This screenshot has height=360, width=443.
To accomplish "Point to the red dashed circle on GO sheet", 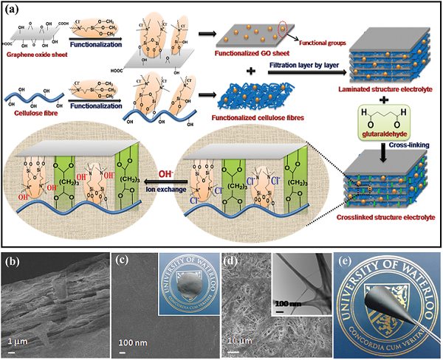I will pyautogui.click(x=284, y=35).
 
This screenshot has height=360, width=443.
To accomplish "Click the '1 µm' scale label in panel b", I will pyautogui.click(x=20, y=342).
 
